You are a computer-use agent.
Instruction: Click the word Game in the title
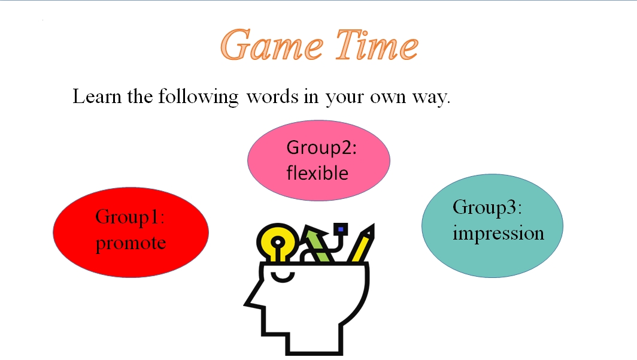point(272,45)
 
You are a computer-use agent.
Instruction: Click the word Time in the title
point(377,45)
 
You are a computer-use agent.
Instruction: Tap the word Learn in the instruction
point(97,96)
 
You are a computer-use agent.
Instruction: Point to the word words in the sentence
point(272,96)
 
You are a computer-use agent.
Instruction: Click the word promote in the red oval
point(131,244)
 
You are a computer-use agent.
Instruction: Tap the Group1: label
point(130,217)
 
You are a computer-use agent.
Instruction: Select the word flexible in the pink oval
point(317,173)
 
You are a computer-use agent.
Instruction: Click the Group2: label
point(321,147)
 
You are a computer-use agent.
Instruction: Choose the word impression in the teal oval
point(499,233)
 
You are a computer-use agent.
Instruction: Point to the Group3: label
point(487,208)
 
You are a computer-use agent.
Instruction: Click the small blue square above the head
point(341,229)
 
